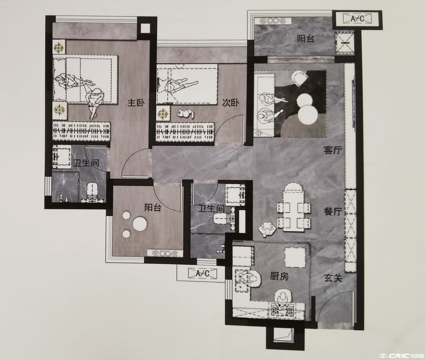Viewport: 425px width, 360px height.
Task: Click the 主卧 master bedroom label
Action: pos(136,103)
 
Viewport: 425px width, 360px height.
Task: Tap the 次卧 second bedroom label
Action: pos(230,103)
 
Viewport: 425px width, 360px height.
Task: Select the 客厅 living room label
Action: pos(333,150)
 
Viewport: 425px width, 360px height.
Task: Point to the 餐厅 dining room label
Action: pos(333,211)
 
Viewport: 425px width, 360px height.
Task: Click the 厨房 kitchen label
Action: pos(279,276)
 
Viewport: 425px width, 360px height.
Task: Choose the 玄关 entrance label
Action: pos(333,278)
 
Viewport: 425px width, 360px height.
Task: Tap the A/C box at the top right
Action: pos(357,19)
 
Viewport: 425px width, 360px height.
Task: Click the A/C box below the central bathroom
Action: pos(203,273)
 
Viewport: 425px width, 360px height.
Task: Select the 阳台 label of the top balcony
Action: pos(305,39)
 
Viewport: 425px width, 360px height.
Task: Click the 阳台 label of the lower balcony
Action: pos(153,208)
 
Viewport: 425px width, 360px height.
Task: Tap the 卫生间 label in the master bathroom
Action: pos(87,163)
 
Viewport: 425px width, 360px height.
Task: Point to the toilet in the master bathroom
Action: pos(92,193)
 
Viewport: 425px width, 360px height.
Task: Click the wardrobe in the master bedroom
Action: pos(81,131)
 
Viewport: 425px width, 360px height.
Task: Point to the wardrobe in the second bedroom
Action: pos(185,132)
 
